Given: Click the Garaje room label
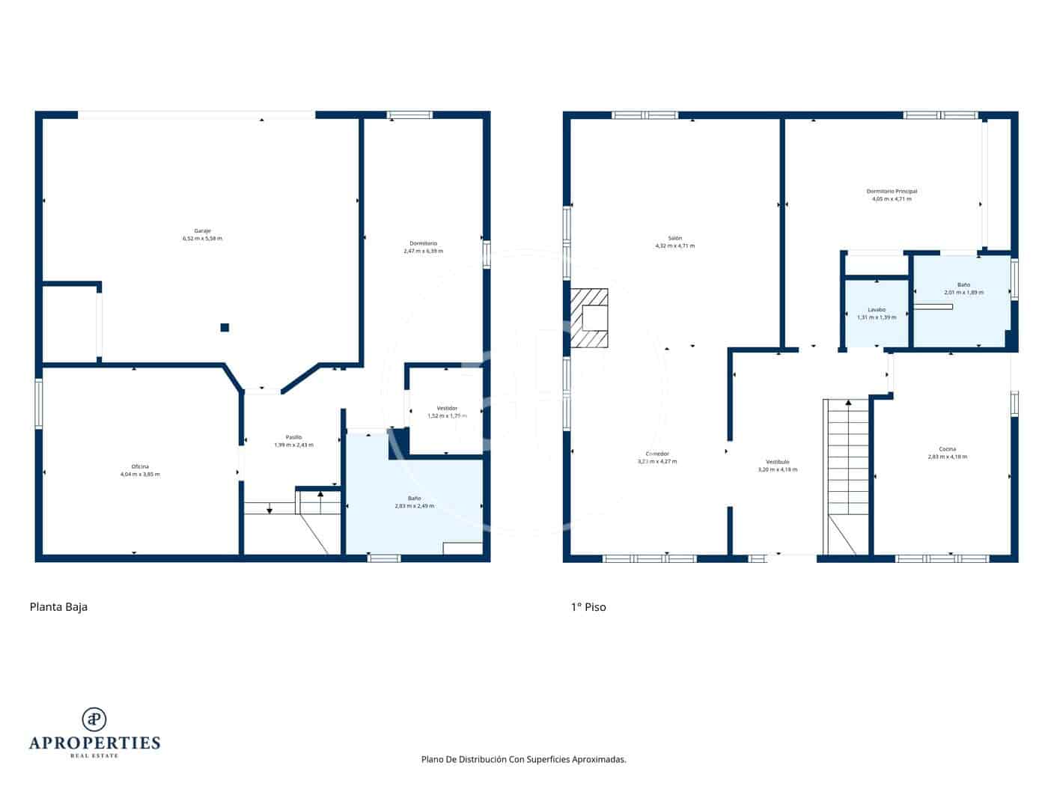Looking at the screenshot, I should tap(202, 231).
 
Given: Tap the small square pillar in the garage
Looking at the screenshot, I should tap(225, 327).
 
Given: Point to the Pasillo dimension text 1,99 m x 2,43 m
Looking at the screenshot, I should tap(293, 445).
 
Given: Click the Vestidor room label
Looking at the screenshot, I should tap(447, 408).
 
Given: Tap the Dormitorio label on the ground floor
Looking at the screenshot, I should tap(423, 243).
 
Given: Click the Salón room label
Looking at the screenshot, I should tap(674, 238).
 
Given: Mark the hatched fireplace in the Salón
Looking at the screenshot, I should tap(590, 319).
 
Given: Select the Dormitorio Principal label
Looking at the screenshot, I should tap(892, 192).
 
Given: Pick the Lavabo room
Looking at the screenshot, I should tap(877, 313).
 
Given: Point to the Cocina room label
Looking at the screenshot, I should tap(947, 449).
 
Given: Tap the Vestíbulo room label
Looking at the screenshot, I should tap(777, 462).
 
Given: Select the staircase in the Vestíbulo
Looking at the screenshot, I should tap(847, 464).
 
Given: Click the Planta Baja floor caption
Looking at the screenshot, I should tap(58, 607).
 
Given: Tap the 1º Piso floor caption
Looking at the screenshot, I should tap(588, 607).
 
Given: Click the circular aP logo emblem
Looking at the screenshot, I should tap(94, 719).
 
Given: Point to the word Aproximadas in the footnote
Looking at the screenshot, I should tap(598, 759).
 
